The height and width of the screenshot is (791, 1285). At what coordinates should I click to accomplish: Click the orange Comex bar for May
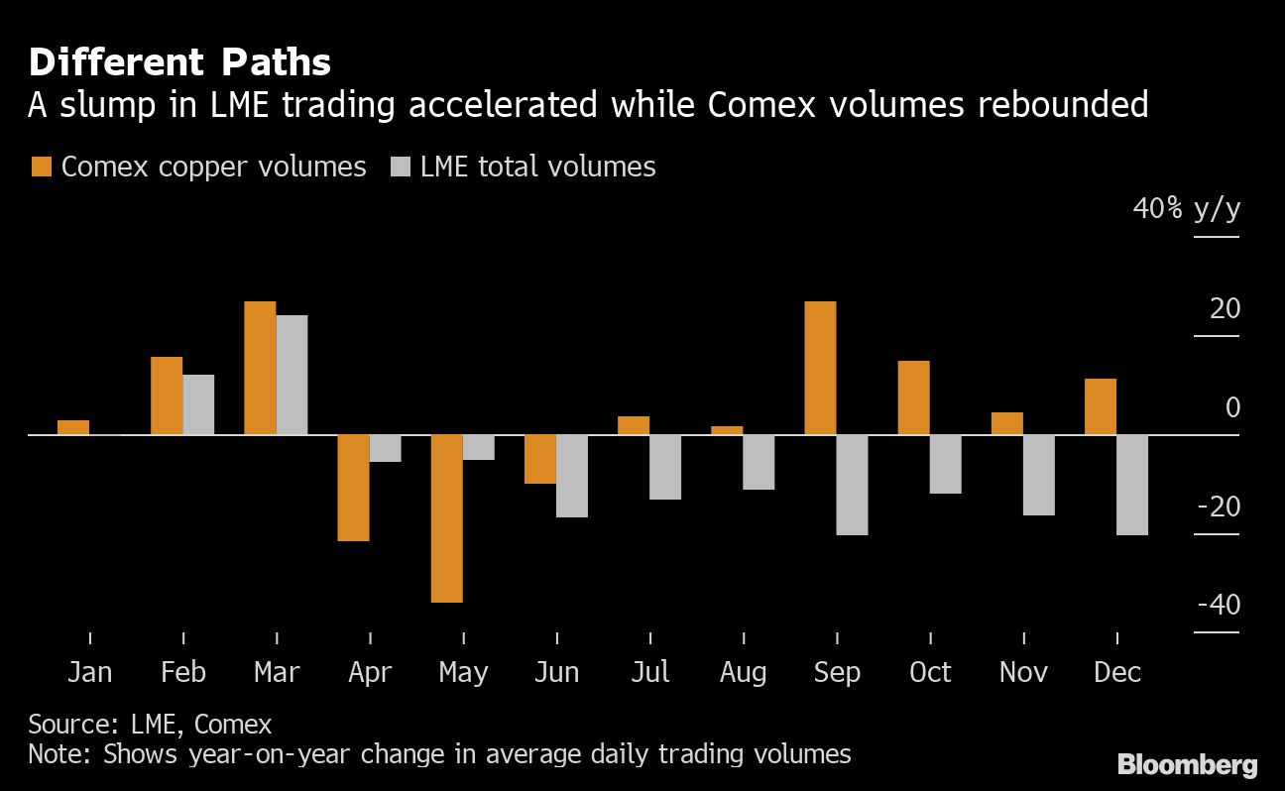(446, 518)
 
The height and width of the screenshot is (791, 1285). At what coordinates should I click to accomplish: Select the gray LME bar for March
(292, 375)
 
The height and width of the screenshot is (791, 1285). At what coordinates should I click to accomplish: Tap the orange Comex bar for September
(820, 368)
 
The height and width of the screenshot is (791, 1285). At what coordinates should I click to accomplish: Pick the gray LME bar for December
(1132, 485)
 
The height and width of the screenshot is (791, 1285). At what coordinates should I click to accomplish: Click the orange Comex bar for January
(73, 427)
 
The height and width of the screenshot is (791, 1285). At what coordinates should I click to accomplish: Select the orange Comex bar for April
(353, 488)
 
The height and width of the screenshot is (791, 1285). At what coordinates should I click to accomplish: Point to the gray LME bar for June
(572, 476)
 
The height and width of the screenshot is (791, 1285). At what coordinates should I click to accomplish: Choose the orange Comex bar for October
(913, 397)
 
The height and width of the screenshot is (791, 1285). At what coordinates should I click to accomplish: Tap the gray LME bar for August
(759, 462)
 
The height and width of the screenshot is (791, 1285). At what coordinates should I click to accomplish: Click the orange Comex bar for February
(167, 395)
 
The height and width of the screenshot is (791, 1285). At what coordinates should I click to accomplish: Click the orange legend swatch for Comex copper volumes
(42, 167)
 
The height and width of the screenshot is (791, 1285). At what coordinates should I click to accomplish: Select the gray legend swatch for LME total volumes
(400, 167)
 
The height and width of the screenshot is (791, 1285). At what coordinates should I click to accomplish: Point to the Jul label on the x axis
(649, 672)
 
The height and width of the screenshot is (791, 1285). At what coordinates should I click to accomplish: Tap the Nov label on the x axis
(1023, 672)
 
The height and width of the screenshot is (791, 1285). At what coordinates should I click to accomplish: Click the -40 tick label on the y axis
(1218, 605)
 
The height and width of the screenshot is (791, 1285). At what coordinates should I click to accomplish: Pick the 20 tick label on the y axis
(1225, 309)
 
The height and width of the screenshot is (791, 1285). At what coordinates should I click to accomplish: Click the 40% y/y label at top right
(1187, 210)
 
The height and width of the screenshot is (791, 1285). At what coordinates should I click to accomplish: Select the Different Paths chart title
(179, 62)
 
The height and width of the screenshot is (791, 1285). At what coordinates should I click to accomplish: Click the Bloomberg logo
(1187, 764)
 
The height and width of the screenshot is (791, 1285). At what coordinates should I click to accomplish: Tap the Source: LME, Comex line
(150, 725)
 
